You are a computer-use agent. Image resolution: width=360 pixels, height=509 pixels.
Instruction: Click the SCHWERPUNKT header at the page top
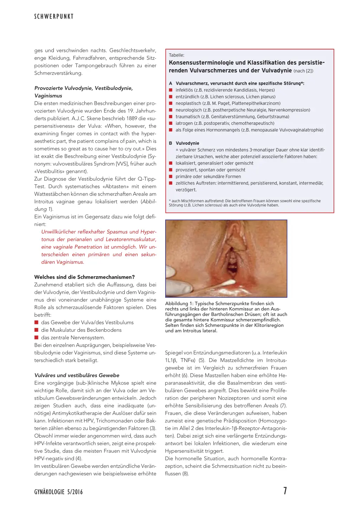click(54, 17)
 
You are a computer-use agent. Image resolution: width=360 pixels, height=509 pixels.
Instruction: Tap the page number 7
click(285, 491)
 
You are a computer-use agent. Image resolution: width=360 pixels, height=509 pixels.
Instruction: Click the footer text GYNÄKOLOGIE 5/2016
click(58, 492)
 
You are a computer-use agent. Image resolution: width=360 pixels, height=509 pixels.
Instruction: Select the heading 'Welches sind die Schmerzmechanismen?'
click(84, 277)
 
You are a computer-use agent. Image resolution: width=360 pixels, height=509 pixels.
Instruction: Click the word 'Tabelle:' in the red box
click(176, 55)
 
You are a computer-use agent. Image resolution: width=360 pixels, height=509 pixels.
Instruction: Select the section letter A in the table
click(171, 83)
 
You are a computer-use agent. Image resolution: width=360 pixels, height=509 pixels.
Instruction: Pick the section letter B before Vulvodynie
click(171, 143)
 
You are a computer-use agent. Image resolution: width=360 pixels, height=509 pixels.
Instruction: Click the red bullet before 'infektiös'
click(171, 90)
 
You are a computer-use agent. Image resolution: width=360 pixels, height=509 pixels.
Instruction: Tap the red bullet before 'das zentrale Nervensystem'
click(36, 337)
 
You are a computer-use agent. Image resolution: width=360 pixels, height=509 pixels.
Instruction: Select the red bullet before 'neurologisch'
click(171, 110)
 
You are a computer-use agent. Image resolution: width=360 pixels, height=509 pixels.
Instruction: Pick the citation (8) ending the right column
click(185, 473)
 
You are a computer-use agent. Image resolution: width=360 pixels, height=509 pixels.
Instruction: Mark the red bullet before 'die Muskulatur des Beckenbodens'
click(36, 330)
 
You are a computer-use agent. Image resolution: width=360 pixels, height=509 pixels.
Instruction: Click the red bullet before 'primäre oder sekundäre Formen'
click(171, 176)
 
